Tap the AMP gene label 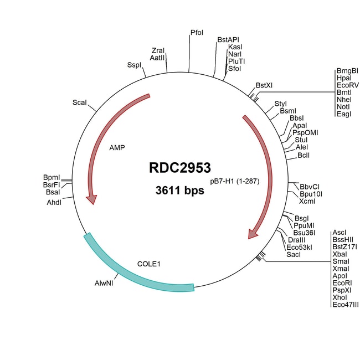[x=117, y=148]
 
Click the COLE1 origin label [x=148, y=264]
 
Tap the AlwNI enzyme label [x=104, y=282]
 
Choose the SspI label [x=134, y=65]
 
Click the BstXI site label [x=264, y=85]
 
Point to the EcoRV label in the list [x=347, y=86]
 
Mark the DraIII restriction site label [x=297, y=239]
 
